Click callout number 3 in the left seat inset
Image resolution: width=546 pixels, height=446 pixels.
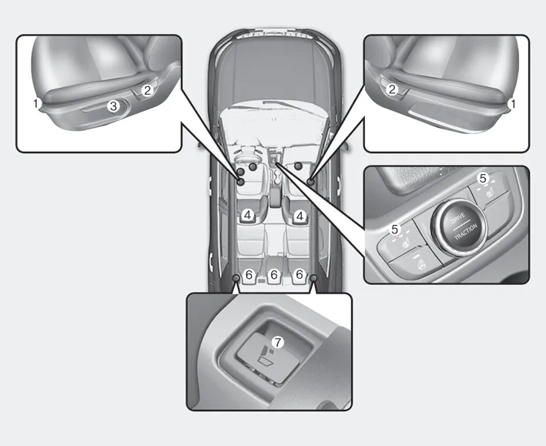[x=113, y=106]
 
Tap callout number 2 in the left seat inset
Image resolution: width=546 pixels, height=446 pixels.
[x=147, y=91]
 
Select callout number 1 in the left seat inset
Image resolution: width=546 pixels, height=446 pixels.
[x=36, y=103]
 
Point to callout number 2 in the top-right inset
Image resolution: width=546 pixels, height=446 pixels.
[x=392, y=90]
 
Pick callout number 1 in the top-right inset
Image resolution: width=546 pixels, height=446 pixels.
[x=512, y=103]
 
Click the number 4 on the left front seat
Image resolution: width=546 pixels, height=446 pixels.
[x=247, y=216]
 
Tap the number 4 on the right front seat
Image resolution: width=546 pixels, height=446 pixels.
[x=300, y=216]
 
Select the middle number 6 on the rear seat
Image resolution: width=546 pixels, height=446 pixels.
[x=274, y=275]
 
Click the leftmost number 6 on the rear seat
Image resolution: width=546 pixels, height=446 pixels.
[x=249, y=275]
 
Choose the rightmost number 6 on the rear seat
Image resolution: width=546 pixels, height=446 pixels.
[x=300, y=274]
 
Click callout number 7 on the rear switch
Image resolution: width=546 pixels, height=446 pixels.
[x=277, y=343]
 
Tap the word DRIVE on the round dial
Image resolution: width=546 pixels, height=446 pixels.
[x=457, y=219]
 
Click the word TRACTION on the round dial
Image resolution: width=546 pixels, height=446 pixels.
[x=466, y=232]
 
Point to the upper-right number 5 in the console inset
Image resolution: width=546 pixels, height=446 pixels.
[x=483, y=179]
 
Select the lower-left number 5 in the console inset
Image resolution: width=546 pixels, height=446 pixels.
[x=394, y=230]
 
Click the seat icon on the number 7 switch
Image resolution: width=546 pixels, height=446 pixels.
[x=265, y=356]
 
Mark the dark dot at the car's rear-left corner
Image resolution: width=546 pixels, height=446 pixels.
[x=236, y=278]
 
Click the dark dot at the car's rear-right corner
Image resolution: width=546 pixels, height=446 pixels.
[x=313, y=278]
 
